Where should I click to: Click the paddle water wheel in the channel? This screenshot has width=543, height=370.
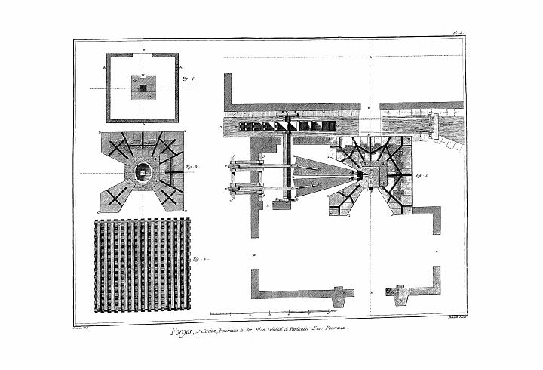coord(287,124)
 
